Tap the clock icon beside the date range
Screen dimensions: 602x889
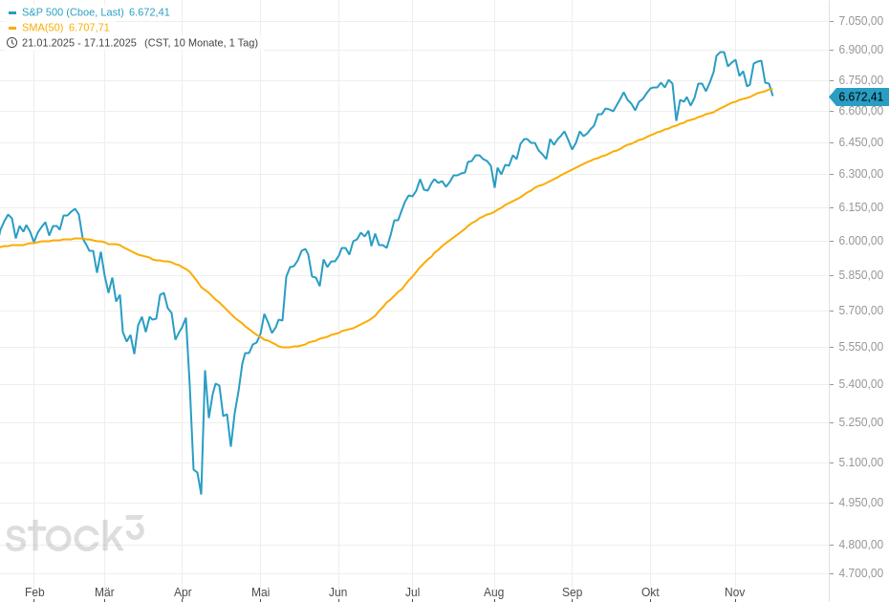pos(11,43)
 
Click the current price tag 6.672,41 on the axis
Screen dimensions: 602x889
pos(859,97)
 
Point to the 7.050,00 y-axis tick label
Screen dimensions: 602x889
pos(860,21)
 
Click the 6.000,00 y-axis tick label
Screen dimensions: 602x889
pos(860,241)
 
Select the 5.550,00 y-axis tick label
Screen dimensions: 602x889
pos(860,347)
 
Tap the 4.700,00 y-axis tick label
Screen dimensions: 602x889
pos(860,573)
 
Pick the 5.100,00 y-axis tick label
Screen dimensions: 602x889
pos(860,462)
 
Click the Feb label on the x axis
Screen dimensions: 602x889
pos(34,592)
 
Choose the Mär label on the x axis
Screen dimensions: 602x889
pos(104,592)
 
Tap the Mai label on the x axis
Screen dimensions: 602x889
pos(260,592)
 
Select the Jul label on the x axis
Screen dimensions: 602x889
pos(412,592)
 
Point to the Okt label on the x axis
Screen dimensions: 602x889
pos(650,592)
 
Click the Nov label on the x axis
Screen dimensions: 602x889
pos(734,592)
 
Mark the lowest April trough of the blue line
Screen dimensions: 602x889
pos(201,493)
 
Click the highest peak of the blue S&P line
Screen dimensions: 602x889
pos(722,52)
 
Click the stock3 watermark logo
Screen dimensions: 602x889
pos(75,535)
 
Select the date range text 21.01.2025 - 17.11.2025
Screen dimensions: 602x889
pos(79,43)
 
